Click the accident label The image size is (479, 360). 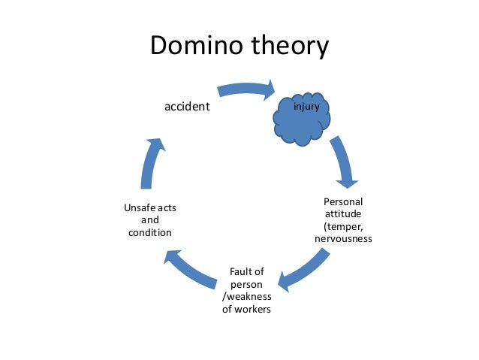point(187,107)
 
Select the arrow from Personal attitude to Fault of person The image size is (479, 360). point(306,271)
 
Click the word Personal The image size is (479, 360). point(342,201)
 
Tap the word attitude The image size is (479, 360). point(342,213)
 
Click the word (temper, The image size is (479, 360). point(342,225)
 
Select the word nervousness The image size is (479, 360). point(343,238)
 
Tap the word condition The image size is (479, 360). point(149,232)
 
